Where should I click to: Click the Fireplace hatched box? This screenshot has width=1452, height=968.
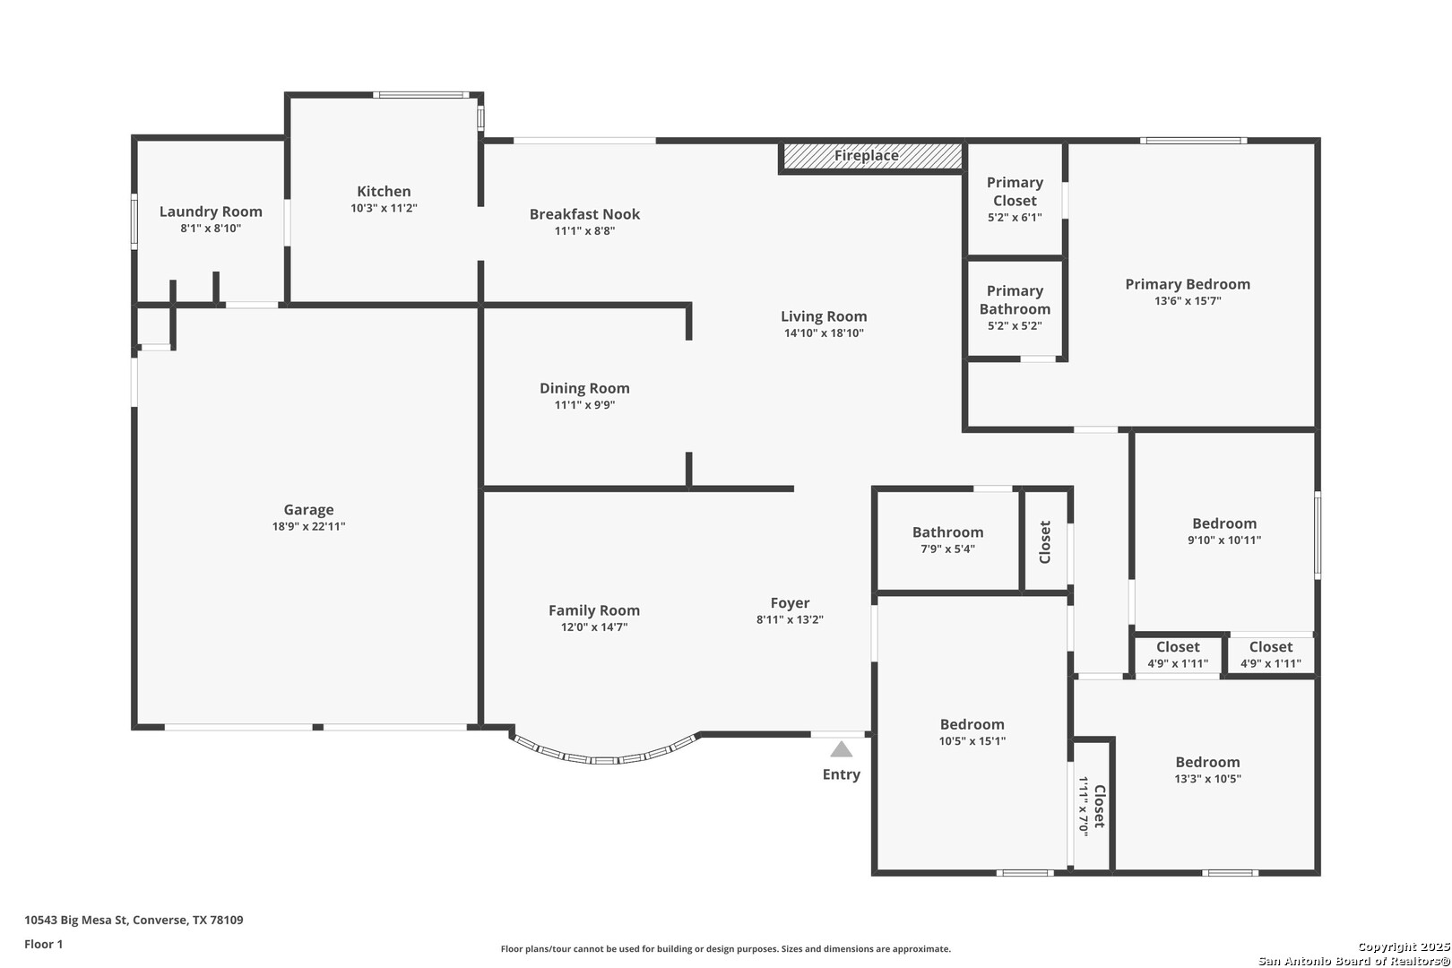click(872, 156)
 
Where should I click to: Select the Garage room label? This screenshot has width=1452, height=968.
click(308, 510)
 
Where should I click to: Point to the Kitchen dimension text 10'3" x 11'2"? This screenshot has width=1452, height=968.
click(384, 208)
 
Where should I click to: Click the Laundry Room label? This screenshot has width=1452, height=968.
click(211, 212)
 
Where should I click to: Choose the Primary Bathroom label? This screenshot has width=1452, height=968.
click(1015, 300)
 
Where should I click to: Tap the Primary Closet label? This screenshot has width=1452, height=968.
click(1015, 191)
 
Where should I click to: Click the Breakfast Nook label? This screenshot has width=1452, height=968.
click(584, 214)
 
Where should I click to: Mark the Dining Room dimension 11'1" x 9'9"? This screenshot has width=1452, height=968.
click(584, 405)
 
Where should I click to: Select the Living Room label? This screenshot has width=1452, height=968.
click(824, 316)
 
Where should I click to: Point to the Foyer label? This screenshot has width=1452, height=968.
click(791, 603)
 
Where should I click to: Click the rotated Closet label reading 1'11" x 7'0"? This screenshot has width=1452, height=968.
click(1092, 806)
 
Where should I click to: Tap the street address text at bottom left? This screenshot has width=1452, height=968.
click(134, 920)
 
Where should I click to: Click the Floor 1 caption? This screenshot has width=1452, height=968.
click(43, 944)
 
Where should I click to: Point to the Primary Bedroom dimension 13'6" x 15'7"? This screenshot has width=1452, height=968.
click(1188, 301)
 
